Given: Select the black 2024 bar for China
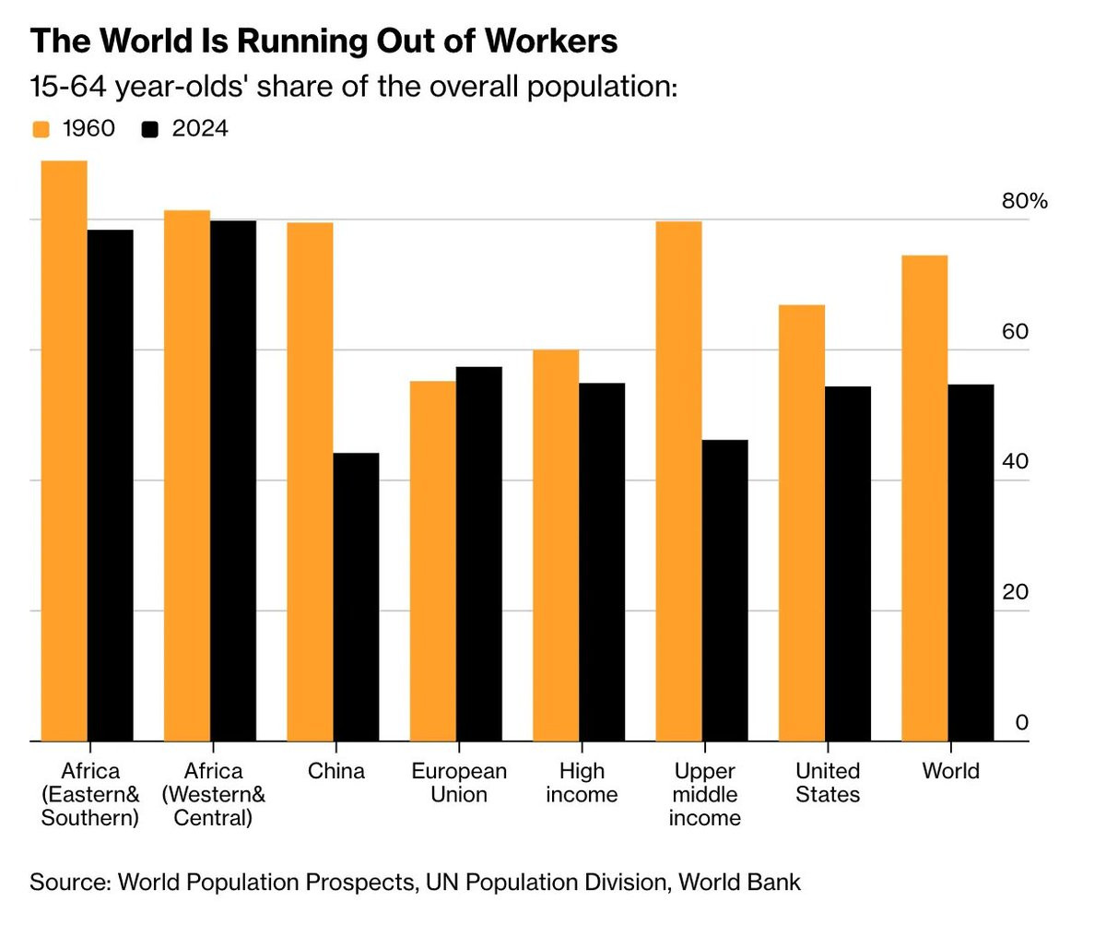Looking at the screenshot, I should point(356,597).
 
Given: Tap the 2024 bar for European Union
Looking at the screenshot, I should point(479,553).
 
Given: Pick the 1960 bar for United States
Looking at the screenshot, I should point(802,523).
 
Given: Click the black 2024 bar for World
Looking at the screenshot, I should point(971,563).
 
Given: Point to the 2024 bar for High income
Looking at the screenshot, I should point(602,562).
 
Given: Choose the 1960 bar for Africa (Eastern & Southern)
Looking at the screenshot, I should point(65,451).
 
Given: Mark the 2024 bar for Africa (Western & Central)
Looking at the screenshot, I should point(233,480).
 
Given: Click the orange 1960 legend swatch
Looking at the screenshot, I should point(41,129).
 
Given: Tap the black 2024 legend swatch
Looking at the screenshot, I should point(150,129).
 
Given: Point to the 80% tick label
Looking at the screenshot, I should point(1025,201).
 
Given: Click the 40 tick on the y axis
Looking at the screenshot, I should point(1015,461).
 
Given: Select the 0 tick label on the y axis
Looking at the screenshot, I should point(1021,722).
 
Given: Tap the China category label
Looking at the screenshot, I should point(335,771).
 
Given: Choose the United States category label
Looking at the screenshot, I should point(828,782).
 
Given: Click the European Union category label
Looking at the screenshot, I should point(459,782).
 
